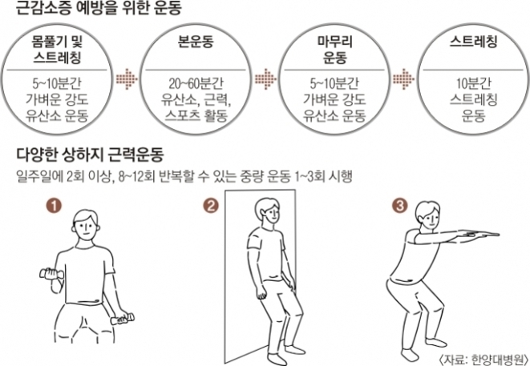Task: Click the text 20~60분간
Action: (x=195, y=85)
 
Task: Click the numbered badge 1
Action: (x=53, y=206)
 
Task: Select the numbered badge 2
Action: (x=210, y=206)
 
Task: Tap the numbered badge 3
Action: (x=399, y=206)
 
